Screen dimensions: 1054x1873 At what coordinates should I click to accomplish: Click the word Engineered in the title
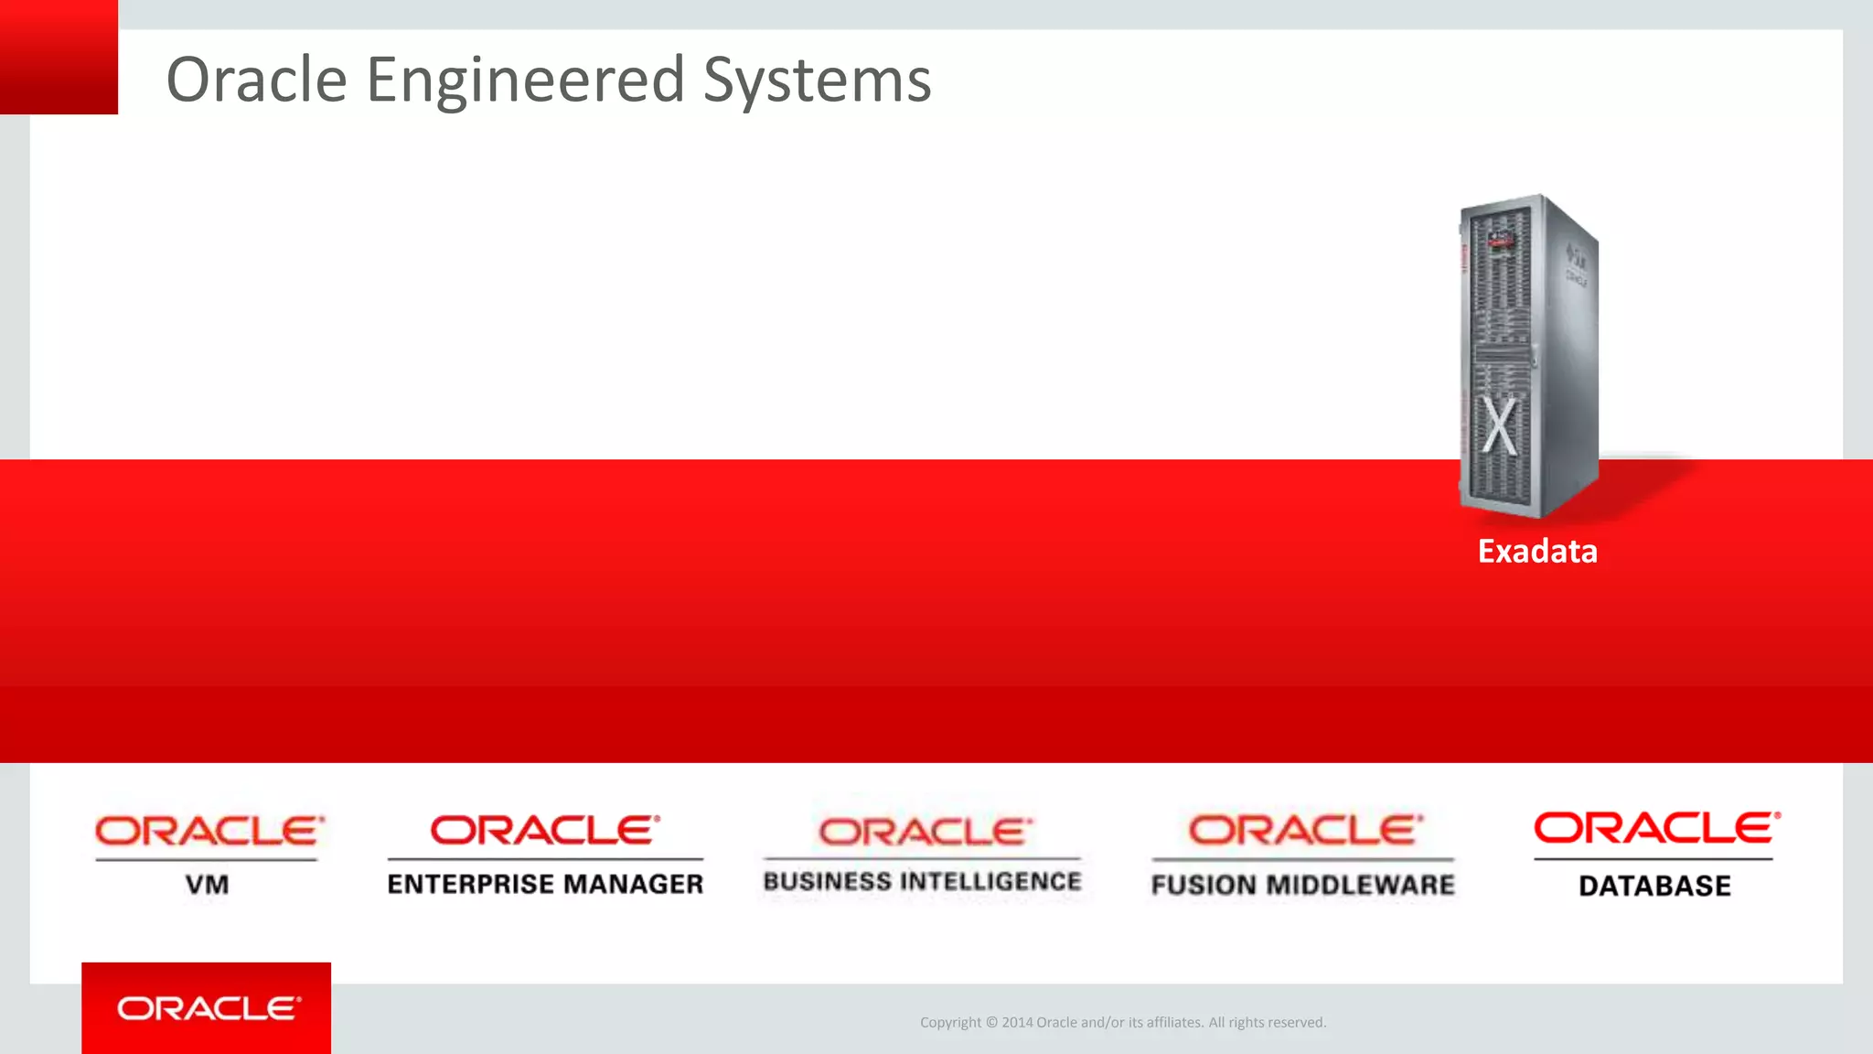tap(525, 81)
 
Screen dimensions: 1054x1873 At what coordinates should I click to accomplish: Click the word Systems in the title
tap(817, 81)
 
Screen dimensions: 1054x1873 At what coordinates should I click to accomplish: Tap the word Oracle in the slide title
tap(257, 81)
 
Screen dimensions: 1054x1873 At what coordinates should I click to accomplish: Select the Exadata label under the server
tap(1537, 552)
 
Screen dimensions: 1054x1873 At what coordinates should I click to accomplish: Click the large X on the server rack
tap(1499, 426)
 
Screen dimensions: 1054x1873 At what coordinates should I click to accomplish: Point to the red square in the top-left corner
tap(59, 57)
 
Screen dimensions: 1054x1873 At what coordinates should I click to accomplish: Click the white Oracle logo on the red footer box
tap(208, 1008)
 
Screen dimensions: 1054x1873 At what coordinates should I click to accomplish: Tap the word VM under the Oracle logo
tap(208, 885)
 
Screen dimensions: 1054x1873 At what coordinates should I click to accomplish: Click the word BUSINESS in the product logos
tap(828, 881)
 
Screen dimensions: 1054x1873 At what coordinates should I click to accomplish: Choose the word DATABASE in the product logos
tap(1654, 886)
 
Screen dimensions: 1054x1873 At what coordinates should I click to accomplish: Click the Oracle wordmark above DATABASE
tap(1656, 828)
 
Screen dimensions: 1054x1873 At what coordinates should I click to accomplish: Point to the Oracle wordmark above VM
tap(209, 832)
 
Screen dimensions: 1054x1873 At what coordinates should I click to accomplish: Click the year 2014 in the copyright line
tap(1017, 1023)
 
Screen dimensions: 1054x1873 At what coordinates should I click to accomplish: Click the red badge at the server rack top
tap(1501, 241)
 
